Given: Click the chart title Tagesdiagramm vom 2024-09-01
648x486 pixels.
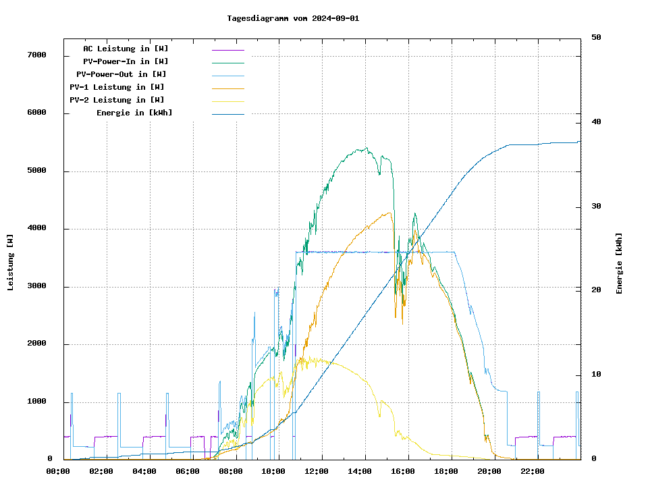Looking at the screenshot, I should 293,18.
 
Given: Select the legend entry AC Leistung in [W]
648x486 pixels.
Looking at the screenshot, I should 126,49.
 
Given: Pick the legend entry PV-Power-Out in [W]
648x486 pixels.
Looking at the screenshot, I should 122,74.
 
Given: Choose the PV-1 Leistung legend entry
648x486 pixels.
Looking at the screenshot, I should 117,87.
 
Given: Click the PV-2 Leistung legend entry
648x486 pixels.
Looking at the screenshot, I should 117,100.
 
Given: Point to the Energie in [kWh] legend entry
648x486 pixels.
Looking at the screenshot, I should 134,113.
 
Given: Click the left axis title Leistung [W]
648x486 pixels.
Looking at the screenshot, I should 11,262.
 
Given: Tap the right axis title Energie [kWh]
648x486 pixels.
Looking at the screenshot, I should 619,263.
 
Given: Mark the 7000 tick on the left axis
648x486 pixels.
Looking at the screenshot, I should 36,55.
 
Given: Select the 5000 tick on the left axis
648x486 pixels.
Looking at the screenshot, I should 36,171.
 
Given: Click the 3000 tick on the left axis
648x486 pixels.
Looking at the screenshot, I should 36,287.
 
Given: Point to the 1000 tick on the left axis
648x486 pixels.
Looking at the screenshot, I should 36,402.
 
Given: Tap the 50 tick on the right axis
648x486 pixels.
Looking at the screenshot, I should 596,38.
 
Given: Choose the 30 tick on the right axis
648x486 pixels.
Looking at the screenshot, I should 596,207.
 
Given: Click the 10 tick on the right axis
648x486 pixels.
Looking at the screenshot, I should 596,375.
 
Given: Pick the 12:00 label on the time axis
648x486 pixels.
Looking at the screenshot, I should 317,471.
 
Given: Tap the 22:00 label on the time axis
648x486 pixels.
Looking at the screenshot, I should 533,471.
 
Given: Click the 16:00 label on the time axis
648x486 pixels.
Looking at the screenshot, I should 403,471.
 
